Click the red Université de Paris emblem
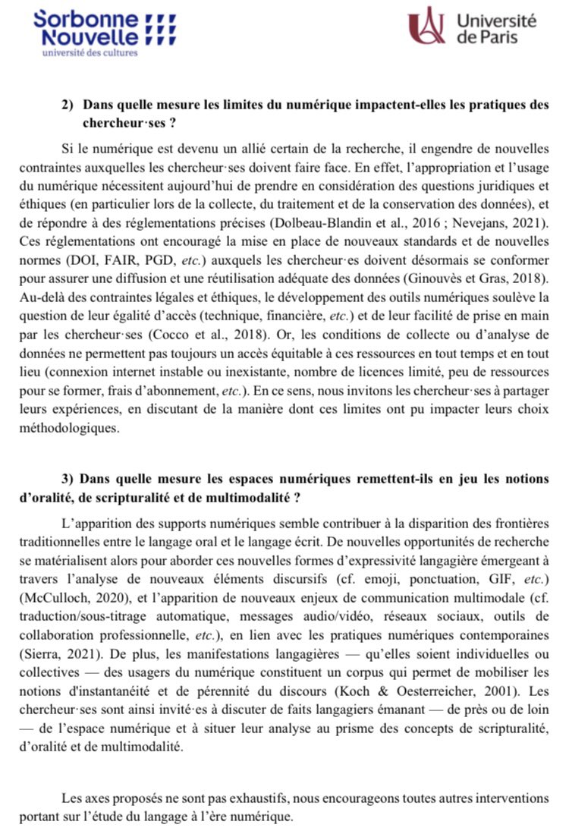426,26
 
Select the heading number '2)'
68,105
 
